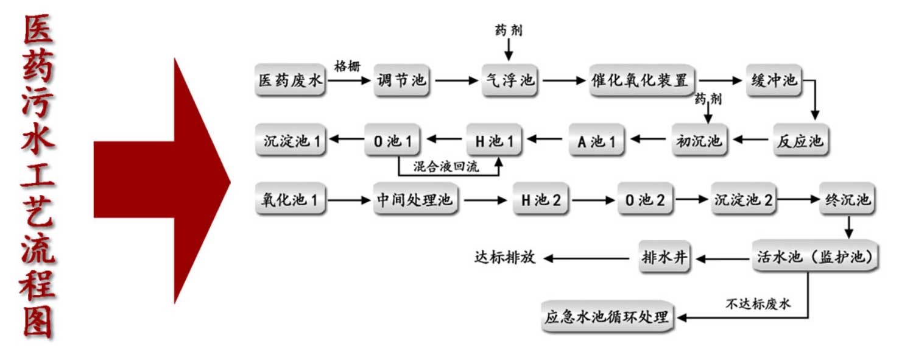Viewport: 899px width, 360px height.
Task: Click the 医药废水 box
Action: click(x=290, y=80)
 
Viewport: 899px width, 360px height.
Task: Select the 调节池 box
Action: click(x=402, y=80)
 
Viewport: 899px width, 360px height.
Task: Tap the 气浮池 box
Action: click(x=510, y=80)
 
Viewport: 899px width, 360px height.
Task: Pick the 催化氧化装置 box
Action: click(x=641, y=80)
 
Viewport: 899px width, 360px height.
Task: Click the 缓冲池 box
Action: click(x=774, y=80)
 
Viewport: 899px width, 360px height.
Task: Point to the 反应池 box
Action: click(x=801, y=141)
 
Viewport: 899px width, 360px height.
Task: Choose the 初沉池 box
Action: click(x=700, y=141)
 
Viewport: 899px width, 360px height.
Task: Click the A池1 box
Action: click(x=597, y=141)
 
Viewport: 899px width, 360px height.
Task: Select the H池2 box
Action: click(x=541, y=199)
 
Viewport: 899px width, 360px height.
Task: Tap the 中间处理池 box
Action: click(x=415, y=199)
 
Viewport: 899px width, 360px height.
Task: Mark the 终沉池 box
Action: click(x=847, y=199)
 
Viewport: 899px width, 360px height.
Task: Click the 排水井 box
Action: click(x=665, y=258)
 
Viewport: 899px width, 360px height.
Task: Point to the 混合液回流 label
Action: click(x=446, y=166)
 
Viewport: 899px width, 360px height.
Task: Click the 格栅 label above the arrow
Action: click(x=348, y=66)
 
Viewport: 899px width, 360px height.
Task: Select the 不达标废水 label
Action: click(x=758, y=304)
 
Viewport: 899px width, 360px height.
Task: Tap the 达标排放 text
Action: click(x=505, y=257)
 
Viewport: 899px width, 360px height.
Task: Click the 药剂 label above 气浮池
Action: click(x=509, y=30)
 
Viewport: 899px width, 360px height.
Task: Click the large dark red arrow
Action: click(x=162, y=180)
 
